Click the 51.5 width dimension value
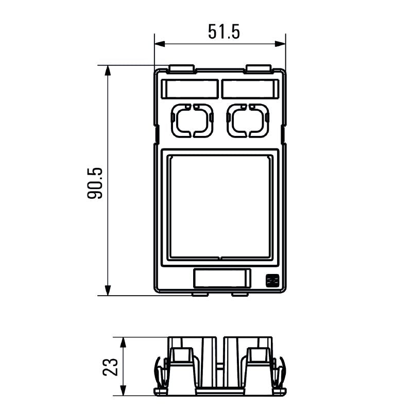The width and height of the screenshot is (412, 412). [x=224, y=32]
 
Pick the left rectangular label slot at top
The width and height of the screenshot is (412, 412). [x=190, y=89]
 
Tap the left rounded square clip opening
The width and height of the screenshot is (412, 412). [x=193, y=121]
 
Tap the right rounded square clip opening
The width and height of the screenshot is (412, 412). [x=248, y=121]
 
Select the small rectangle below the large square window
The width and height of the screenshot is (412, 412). [x=221, y=278]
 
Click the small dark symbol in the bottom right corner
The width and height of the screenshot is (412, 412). [x=272, y=281]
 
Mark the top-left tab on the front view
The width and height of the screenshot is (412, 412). [x=181, y=68]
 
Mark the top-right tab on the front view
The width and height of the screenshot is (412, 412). [x=259, y=68]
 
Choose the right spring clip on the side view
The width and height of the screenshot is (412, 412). [x=279, y=372]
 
